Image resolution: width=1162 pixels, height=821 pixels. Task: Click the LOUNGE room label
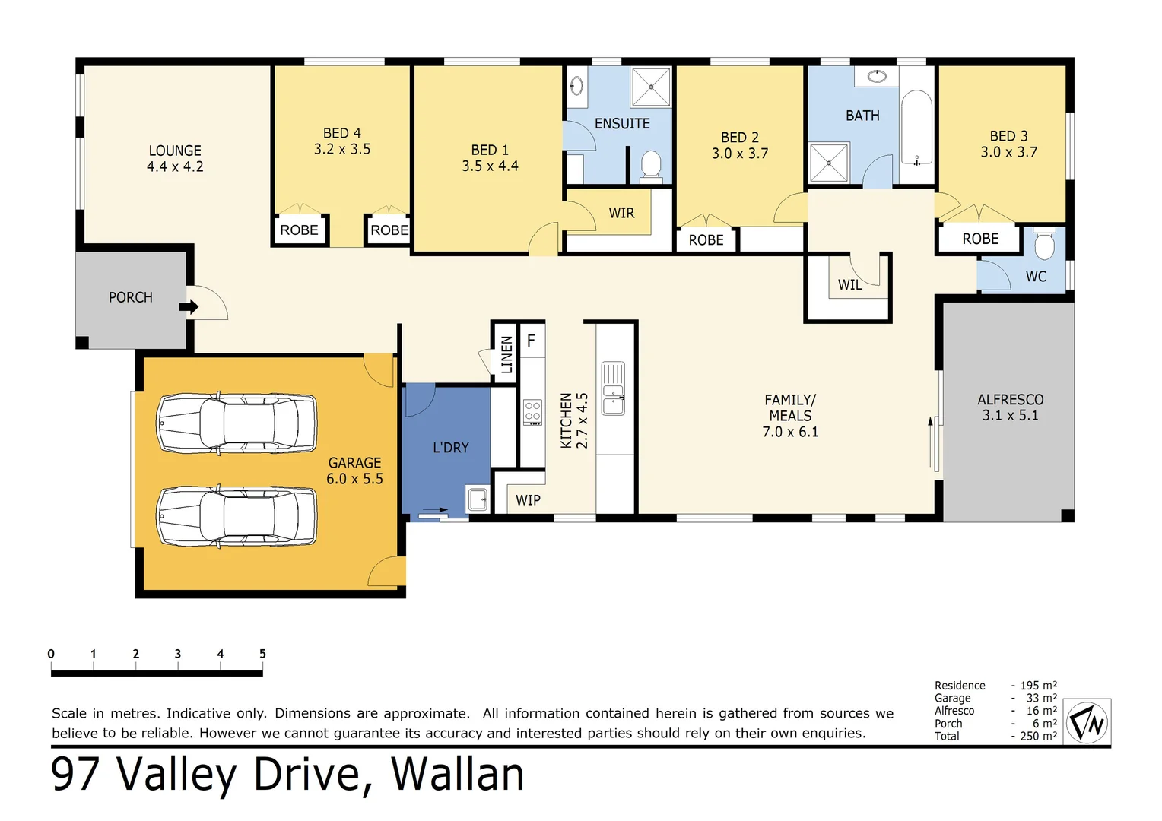pyautogui.click(x=175, y=151)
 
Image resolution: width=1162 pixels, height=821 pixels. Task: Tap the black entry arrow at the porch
pyautogui.click(x=189, y=306)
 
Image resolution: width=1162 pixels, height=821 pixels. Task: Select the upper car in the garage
pyautogui.click(x=237, y=423)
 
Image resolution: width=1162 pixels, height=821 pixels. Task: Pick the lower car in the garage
pyautogui.click(x=237, y=517)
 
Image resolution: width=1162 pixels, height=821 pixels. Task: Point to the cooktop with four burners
pyautogui.click(x=532, y=413)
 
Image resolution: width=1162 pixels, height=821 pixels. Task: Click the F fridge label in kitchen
pyautogui.click(x=531, y=341)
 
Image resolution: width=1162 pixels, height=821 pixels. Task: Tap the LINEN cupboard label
pyautogui.click(x=506, y=354)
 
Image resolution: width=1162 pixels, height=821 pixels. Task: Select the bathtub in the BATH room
pyautogui.click(x=916, y=128)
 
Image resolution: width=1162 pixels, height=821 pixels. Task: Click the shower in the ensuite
pyautogui.click(x=651, y=87)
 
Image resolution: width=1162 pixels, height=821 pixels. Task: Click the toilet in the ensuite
pyautogui.click(x=651, y=164)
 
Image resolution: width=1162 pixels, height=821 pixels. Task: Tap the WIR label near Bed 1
pyautogui.click(x=621, y=213)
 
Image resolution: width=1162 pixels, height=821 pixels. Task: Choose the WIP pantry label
pyautogui.click(x=528, y=500)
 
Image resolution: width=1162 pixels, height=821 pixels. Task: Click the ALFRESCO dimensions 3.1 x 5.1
pyautogui.click(x=1010, y=416)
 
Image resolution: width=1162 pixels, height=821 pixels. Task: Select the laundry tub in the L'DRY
pyautogui.click(x=478, y=499)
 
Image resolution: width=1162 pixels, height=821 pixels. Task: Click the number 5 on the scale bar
pyautogui.click(x=262, y=654)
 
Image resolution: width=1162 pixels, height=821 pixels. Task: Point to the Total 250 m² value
pyautogui.click(x=1039, y=736)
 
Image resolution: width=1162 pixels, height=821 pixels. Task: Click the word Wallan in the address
pyautogui.click(x=457, y=775)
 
